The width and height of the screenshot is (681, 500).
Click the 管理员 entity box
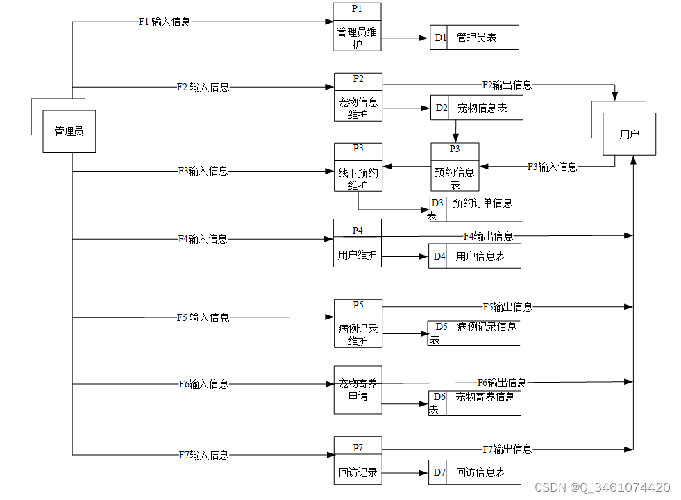point(69,131)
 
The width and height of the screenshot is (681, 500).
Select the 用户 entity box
point(629,134)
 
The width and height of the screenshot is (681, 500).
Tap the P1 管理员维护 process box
point(358,27)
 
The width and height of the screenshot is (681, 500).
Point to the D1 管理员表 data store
point(476,37)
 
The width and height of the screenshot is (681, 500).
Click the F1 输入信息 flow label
point(165,22)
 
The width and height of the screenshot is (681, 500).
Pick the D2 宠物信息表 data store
point(476,108)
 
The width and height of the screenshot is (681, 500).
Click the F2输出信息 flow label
point(507,85)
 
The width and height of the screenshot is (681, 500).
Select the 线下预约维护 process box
point(358,167)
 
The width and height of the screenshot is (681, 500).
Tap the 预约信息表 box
point(455,167)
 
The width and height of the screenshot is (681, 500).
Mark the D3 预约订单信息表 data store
point(476,208)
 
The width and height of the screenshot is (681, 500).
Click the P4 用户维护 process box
point(358,243)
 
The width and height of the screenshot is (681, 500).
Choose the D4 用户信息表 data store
point(474,256)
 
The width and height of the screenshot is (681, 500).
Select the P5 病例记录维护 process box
point(358,324)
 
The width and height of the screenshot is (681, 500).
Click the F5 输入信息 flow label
point(203,317)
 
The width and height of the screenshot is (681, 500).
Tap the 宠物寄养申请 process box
point(358,390)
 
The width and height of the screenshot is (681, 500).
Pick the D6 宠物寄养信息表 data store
point(476,403)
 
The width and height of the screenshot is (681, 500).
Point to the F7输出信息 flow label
point(507,449)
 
